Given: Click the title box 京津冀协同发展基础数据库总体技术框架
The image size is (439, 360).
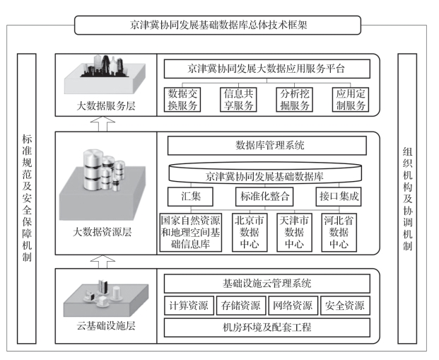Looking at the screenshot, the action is coord(218,25).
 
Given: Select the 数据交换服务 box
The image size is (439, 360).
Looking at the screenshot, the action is coord(182,100).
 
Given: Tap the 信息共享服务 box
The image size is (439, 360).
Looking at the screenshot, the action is coord(238,100).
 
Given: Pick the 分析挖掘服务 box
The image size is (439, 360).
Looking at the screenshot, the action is coord(294,100).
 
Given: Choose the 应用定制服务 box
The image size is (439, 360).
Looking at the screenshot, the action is coord(351,100).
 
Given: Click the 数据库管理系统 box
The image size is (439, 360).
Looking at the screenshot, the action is coord(267,146).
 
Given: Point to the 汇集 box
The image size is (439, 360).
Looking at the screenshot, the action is coord(190,197).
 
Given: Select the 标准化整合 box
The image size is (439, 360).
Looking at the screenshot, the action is coord(264,197).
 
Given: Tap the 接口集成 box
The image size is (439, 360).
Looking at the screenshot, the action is coord(339,197).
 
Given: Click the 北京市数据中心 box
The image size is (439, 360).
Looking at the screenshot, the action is coord(250,233).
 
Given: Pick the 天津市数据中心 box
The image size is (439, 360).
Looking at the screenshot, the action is coord(294,233).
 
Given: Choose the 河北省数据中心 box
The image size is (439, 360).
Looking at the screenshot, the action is coord(339,233).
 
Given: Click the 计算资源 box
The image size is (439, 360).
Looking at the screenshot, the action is coord(189,306).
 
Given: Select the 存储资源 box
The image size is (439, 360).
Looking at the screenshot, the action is coord(241,306).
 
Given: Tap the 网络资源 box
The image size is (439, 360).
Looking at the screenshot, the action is coord(293,306).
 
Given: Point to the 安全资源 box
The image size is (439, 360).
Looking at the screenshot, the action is coord(345,306).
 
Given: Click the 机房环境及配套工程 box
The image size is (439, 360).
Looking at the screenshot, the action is coord(267,327).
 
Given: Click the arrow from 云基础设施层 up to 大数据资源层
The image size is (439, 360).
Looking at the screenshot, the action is coord(103,262).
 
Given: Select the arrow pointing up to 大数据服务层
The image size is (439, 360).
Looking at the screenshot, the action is coord(103,124).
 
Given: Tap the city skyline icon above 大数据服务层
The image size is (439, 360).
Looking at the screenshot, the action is coord(105,66).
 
